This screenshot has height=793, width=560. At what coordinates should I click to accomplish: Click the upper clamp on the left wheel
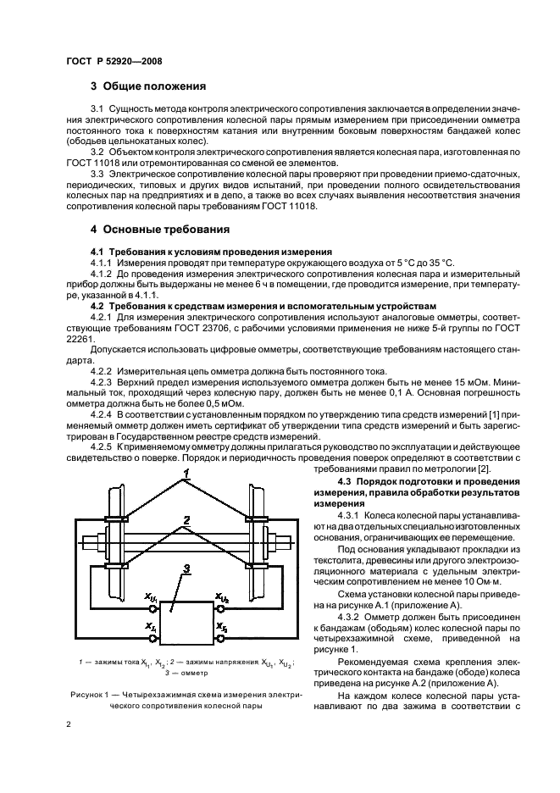tap(117, 518)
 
